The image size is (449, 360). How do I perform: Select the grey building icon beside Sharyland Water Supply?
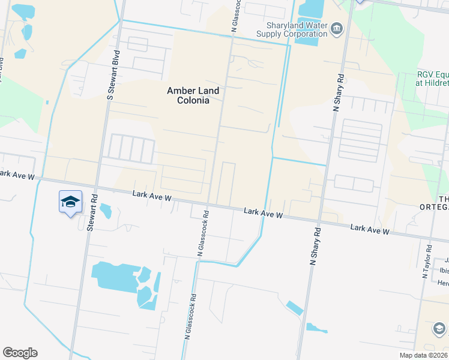point(336,28)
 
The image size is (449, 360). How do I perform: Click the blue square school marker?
point(70,202)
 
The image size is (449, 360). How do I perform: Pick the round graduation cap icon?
point(439,328)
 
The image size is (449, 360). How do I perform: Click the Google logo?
point(20,353)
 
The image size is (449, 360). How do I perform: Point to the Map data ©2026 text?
point(423,355)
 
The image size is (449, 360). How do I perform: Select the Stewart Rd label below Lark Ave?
point(92,212)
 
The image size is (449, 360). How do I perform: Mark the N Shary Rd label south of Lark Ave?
point(313,245)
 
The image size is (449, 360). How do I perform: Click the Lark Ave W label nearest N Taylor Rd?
point(370,229)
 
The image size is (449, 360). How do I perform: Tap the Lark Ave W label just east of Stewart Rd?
point(152,196)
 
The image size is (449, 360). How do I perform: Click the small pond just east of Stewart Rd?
point(106,211)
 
